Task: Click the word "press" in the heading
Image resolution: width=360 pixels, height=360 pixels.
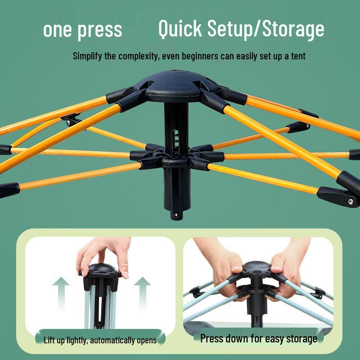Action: (100, 30)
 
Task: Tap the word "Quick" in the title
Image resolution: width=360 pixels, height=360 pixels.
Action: (180, 29)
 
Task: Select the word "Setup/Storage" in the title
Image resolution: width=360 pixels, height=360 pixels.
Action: (266, 29)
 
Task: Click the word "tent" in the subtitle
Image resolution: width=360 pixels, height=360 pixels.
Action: (298, 56)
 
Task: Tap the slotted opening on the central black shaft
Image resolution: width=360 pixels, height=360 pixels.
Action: (176, 139)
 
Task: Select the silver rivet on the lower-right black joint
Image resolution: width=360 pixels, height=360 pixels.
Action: (351, 202)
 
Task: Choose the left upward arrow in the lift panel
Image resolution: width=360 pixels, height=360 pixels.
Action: (61, 294)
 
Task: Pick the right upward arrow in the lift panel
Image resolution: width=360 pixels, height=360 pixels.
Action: (142, 294)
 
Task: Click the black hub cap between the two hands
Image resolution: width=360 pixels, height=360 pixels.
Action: (257, 266)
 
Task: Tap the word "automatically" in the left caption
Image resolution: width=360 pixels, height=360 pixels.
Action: (112, 340)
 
